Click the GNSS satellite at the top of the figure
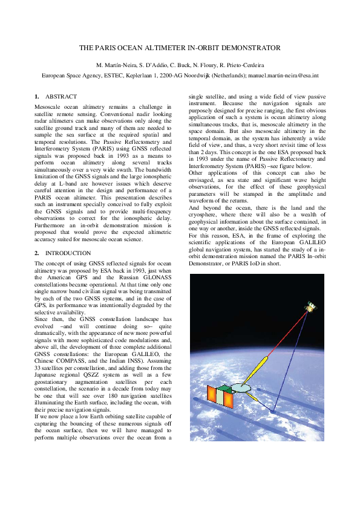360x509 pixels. (x=310, y=308)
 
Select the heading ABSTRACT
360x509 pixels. (x=61, y=97)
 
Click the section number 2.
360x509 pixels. (x=37, y=253)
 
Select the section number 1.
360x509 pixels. (x=37, y=97)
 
